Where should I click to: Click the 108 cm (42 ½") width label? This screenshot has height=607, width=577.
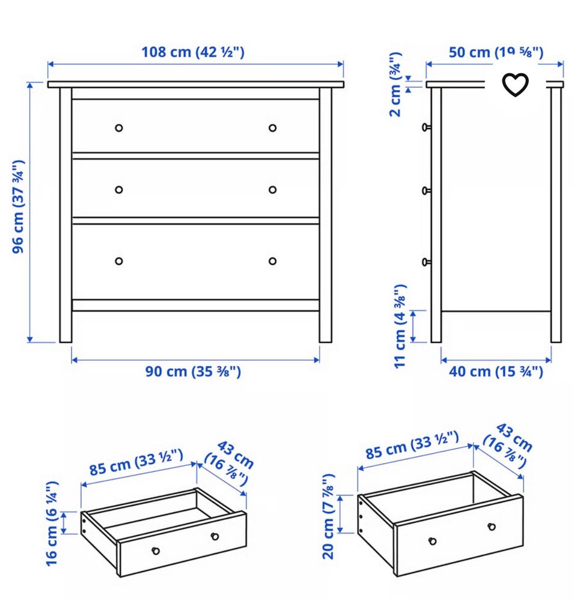(192, 52)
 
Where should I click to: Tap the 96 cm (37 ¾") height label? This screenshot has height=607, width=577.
(18, 207)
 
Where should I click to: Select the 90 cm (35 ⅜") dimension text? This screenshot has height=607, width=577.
(193, 372)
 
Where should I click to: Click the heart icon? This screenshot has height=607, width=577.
(515, 85)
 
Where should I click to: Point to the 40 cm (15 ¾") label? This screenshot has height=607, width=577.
(496, 372)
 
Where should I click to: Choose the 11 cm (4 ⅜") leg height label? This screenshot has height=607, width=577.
(400, 327)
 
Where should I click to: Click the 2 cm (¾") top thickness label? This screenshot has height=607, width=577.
(395, 85)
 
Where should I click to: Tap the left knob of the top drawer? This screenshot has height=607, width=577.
(119, 128)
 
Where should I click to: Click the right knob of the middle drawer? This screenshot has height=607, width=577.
(272, 190)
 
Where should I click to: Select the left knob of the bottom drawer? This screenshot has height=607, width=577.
(119, 261)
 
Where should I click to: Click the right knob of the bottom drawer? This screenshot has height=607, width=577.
(272, 261)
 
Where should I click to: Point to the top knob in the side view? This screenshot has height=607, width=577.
(426, 127)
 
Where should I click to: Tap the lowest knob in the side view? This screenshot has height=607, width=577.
(426, 262)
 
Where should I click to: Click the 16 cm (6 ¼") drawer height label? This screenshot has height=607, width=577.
(52, 524)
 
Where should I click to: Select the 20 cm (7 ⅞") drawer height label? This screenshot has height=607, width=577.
(328, 516)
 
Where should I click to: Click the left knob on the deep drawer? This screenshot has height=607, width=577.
(433, 541)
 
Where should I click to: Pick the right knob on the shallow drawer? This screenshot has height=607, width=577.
(215, 537)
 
